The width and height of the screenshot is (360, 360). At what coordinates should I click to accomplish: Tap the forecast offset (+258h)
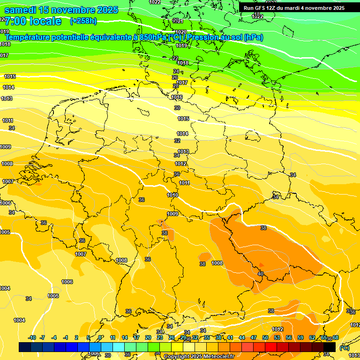(83, 21)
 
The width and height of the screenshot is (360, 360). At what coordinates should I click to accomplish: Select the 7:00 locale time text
(33, 21)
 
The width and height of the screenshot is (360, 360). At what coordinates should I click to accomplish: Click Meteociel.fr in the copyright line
(218, 356)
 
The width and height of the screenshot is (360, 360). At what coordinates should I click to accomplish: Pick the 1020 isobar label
(181, 32)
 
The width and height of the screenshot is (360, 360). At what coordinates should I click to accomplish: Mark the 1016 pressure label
(177, 97)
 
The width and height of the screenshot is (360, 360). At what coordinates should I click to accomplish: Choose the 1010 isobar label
(172, 195)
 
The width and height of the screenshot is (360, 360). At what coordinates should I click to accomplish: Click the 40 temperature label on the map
(261, 274)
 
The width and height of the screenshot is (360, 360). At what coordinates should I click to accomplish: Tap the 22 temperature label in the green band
(175, 58)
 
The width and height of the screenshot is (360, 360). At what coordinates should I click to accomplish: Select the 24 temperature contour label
(176, 71)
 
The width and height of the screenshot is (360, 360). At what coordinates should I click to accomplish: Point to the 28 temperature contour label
(176, 86)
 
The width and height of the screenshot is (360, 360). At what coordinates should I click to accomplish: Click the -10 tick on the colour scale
(32, 337)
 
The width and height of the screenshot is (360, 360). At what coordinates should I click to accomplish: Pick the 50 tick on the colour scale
(265, 337)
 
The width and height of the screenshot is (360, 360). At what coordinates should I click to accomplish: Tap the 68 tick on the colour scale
(336, 337)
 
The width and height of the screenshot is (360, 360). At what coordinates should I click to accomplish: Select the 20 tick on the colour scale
(148, 337)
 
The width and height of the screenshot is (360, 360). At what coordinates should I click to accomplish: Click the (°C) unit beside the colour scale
(344, 348)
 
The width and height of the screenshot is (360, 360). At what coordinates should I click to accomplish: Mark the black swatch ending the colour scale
(330, 347)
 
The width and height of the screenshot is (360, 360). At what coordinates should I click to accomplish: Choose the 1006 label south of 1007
(67, 282)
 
